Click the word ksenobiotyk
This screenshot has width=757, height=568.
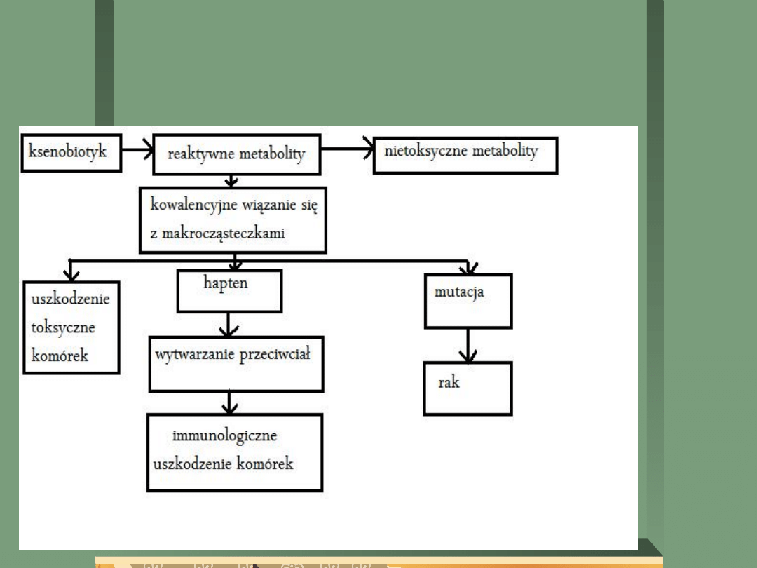68,151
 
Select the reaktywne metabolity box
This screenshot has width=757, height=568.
236,155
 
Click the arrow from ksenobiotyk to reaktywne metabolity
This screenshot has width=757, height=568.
135,149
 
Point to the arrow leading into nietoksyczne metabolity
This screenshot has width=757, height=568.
347,149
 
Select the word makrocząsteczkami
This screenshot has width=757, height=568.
217,234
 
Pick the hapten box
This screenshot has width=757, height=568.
229,292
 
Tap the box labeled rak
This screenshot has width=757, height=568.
468,388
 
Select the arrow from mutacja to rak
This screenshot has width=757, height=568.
468,345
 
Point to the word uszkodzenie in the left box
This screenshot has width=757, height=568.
71,299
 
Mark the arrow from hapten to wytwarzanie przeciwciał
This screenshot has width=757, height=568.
229,323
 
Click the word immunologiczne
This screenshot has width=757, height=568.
225,435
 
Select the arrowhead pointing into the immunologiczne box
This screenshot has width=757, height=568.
229,406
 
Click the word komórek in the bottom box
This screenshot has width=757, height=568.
264,464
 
